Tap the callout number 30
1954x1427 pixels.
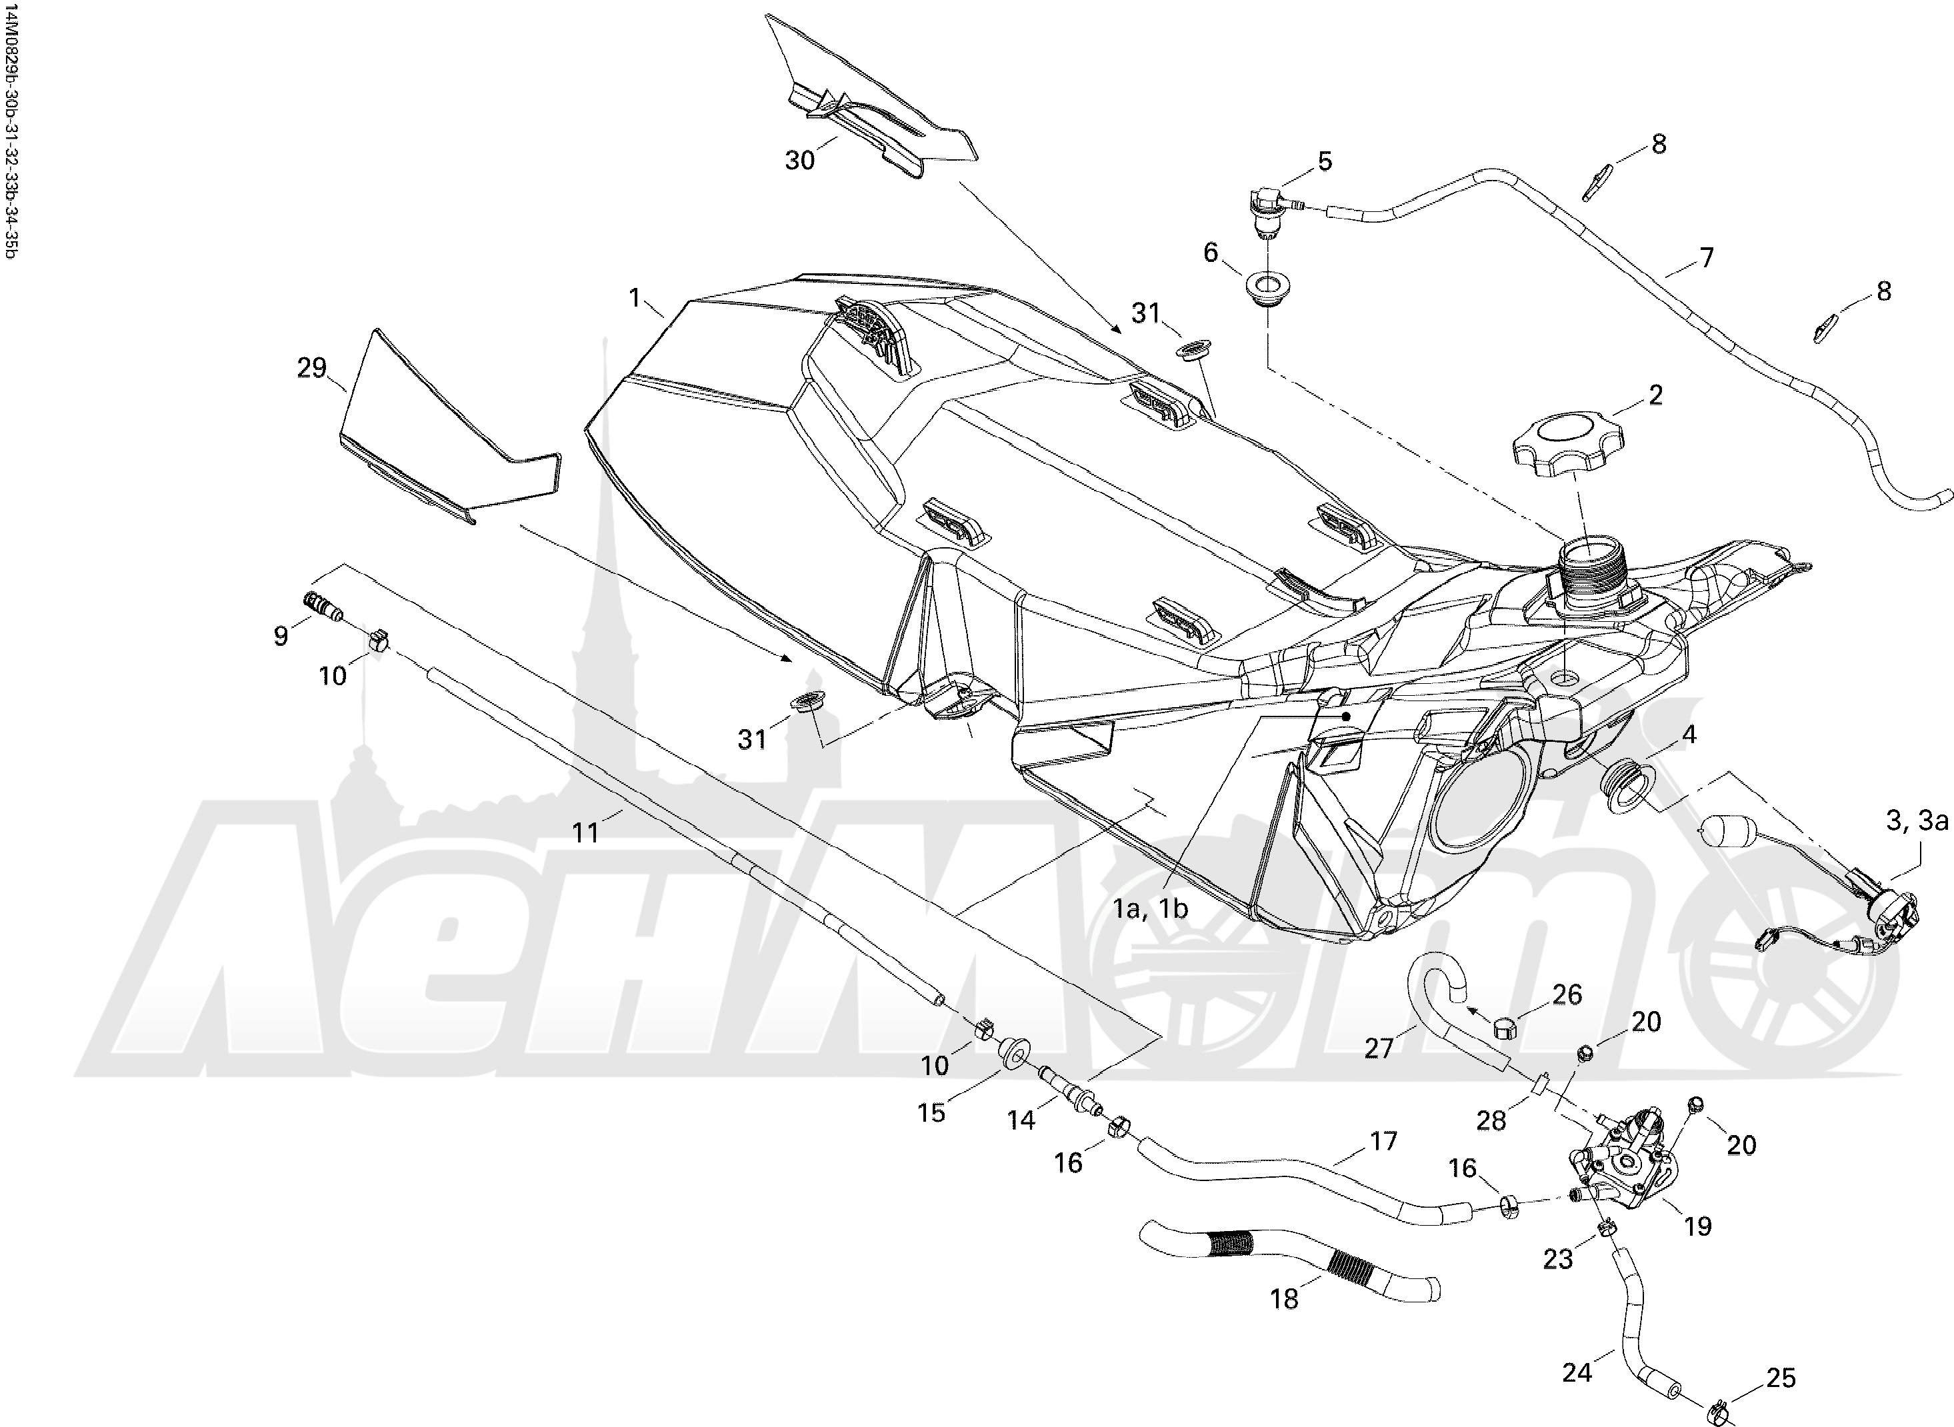click(x=800, y=160)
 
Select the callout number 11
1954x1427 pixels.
click(x=586, y=832)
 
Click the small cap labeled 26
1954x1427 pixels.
click(x=1507, y=1027)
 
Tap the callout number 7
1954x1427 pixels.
click(x=1706, y=257)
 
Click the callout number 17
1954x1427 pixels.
click(x=1383, y=1141)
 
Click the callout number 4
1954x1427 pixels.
click(x=1689, y=734)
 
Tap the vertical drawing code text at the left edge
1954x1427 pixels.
click(x=11, y=129)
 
